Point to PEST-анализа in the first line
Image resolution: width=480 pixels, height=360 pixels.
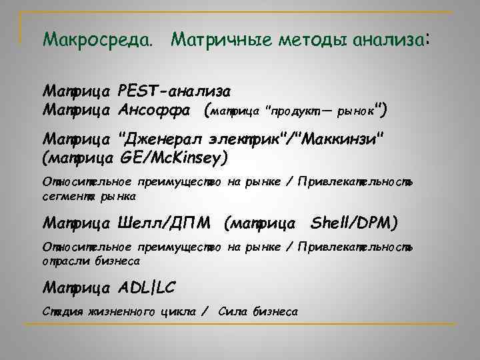tap(175, 90)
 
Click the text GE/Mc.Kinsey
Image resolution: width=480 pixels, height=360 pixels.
tap(174, 157)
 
